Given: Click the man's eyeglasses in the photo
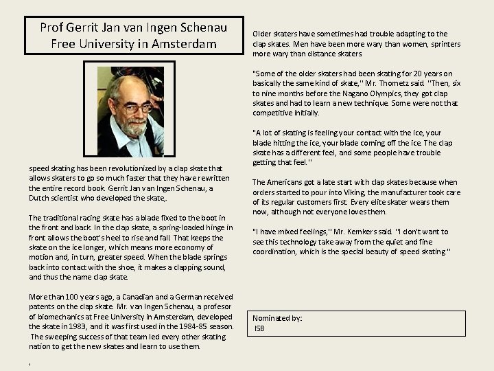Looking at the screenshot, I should (134, 107).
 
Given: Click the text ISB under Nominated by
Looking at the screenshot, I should (259, 328).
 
